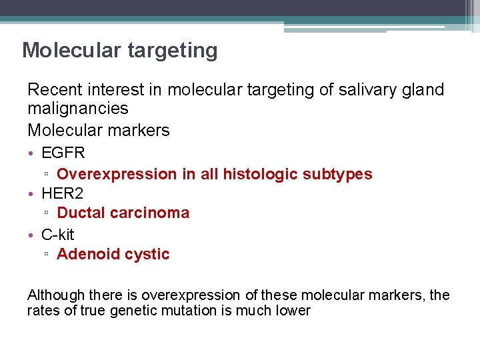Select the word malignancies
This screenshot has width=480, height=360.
click(x=78, y=108)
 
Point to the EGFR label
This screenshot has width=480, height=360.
click(x=63, y=153)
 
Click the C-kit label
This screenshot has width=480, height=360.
click(x=58, y=234)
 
